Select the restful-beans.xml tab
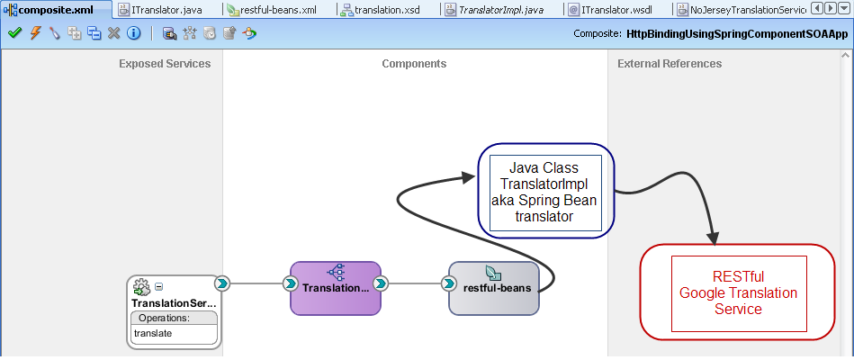click(x=277, y=10)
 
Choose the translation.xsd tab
click(x=387, y=10)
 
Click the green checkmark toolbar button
click(x=14, y=33)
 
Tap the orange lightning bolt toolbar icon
click(x=35, y=33)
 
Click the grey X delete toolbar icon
click(x=113, y=33)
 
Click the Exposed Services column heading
click(x=165, y=64)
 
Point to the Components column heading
click(x=414, y=64)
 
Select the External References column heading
click(x=670, y=64)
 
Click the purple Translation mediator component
click(x=336, y=288)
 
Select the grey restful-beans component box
click(x=494, y=288)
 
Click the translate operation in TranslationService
click(x=153, y=333)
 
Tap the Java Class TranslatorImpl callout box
click(x=545, y=192)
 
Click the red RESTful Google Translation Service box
click(x=738, y=292)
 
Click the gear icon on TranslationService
click(x=141, y=287)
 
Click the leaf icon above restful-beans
click(x=493, y=273)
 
